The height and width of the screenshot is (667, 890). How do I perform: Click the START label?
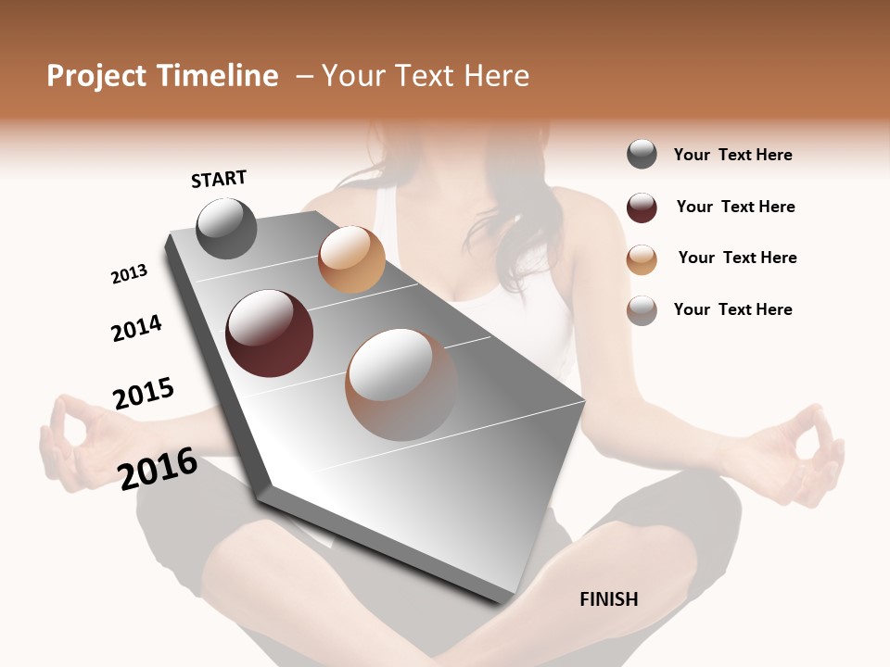point(219,179)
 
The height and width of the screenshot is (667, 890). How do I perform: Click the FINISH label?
point(609,599)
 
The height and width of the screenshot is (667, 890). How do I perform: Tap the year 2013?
point(129,274)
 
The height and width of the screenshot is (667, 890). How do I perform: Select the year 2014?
point(136,328)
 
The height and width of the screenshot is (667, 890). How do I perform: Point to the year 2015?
point(144,394)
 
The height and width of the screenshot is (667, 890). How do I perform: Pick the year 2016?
point(158,469)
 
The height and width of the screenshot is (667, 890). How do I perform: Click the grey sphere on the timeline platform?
point(227,228)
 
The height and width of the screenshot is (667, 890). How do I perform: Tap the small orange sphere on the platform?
point(351,259)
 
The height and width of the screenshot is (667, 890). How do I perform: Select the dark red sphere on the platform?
point(269,333)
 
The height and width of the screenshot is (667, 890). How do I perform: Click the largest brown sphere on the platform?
point(401,384)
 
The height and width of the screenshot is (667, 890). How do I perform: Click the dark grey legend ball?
point(642,155)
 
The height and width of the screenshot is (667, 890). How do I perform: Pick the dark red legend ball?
point(642,208)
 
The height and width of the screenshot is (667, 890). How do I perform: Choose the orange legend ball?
point(642,258)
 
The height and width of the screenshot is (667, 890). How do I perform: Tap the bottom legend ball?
point(642,310)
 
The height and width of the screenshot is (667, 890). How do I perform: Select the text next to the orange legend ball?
point(737,258)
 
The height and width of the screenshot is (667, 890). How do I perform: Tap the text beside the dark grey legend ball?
point(732,155)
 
